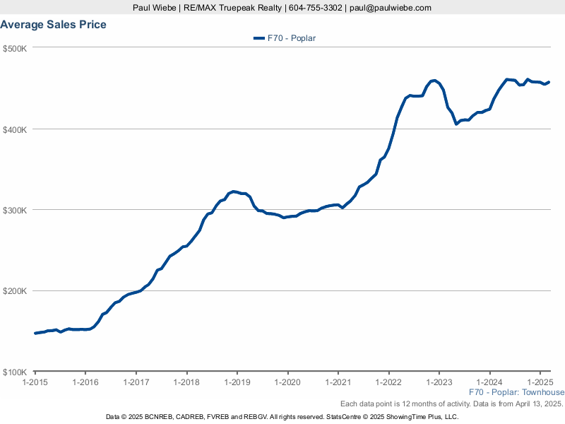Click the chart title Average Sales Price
[54, 25]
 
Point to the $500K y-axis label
[14, 48]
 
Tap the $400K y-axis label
[14, 129]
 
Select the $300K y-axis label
[14, 211]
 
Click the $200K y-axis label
[14, 291]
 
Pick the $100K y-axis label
[14, 372]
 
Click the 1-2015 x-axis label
[35, 382]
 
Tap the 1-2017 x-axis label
[136, 382]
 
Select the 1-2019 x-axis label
[237, 382]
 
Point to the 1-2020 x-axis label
[287, 382]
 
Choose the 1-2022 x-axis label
[388, 382]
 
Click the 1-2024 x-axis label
[489, 382]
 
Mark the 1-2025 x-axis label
[540, 382]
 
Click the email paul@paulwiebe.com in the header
[390, 8]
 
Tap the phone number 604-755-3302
[316, 8]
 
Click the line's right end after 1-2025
[549, 82]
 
